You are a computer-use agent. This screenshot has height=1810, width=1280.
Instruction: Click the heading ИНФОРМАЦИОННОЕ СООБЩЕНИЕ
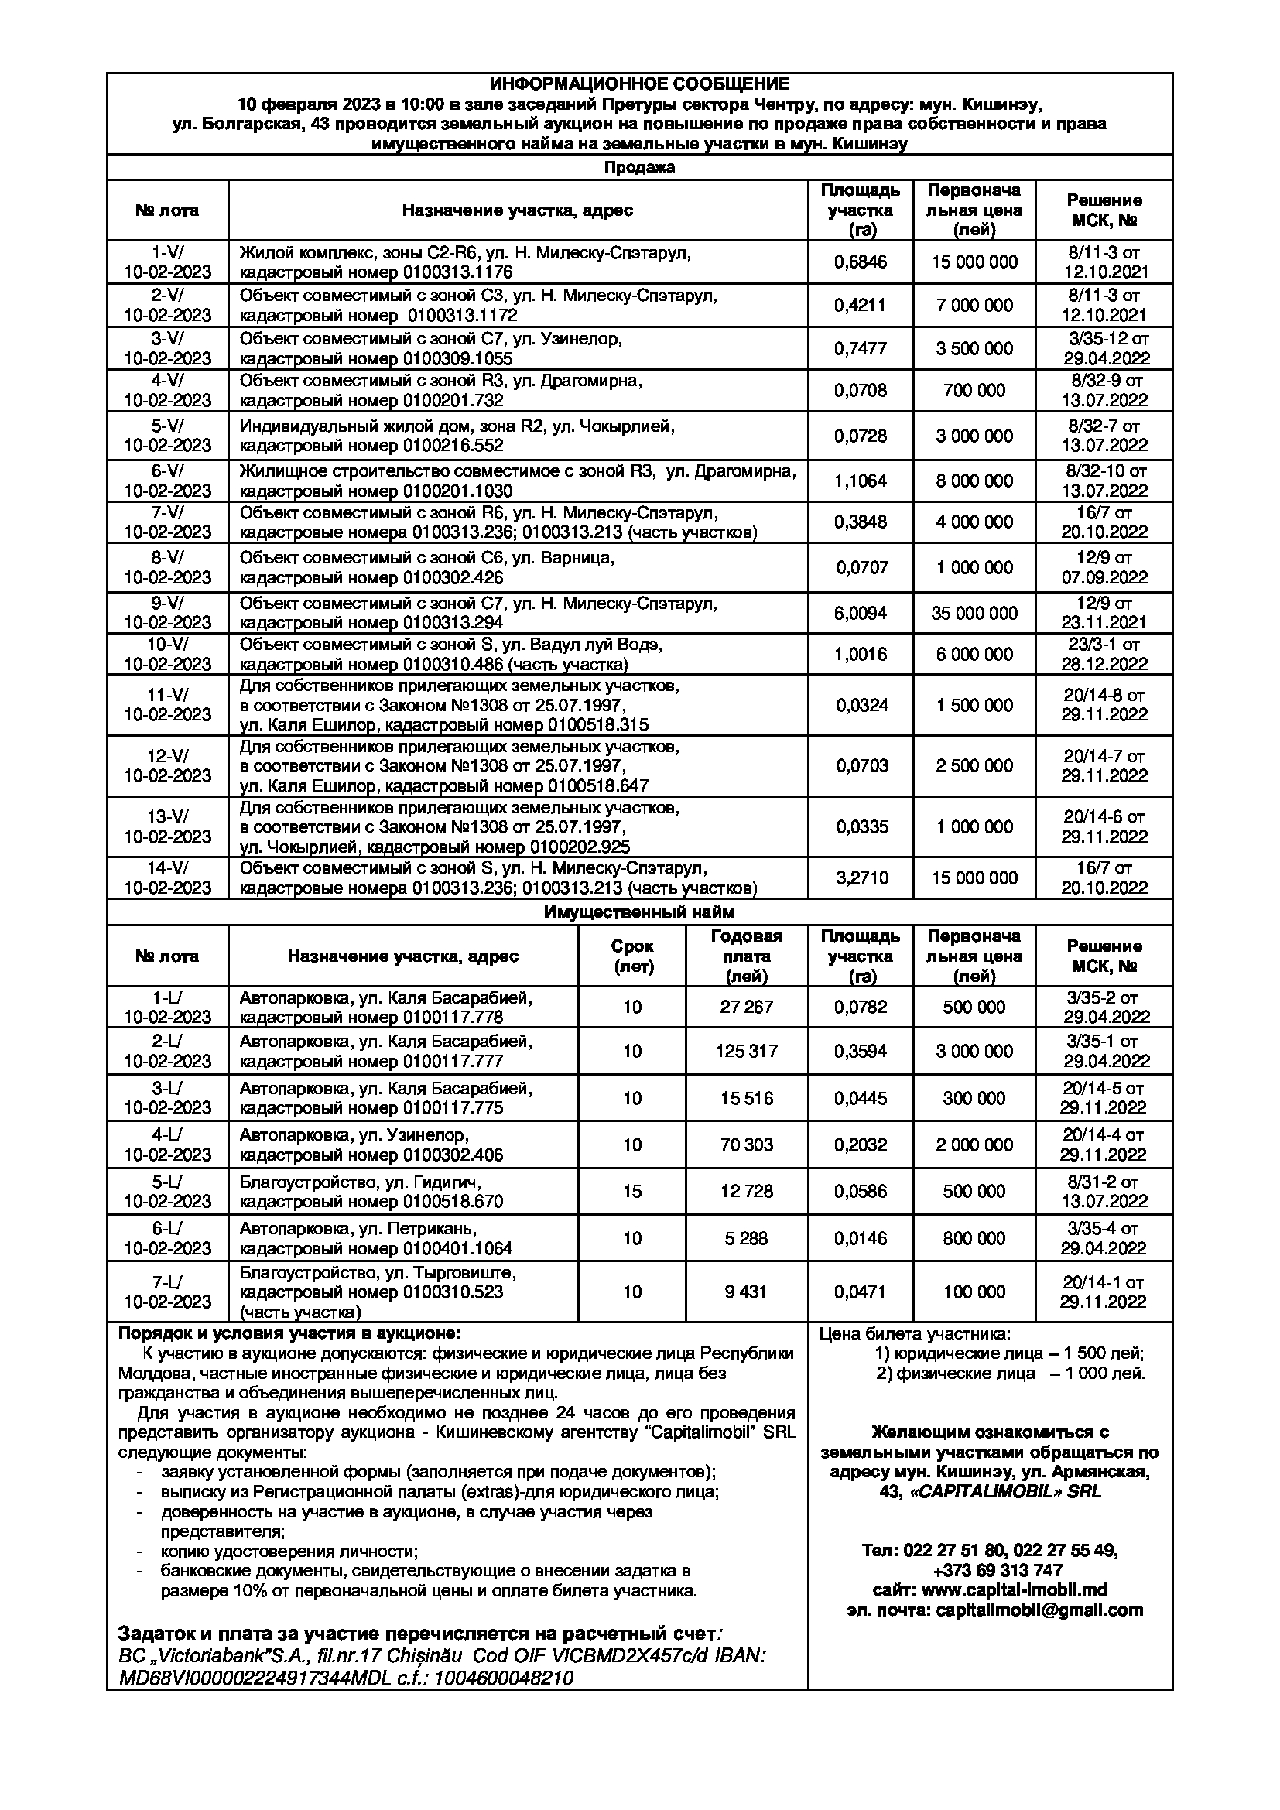pyautogui.click(x=639, y=84)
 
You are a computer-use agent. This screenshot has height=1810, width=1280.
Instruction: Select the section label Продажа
pyautogui.click(x=639, y=168)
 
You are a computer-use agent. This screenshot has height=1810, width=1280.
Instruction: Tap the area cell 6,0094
pyautogui.click(x=860, y=614)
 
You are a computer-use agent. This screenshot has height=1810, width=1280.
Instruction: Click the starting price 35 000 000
pyautogui.click(x=974, y=614)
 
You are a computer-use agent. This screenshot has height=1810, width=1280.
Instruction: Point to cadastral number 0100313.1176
pyautogui.click(x=457, y=272)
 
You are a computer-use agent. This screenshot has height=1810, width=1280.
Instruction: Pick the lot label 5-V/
pyautogui.click(x=168, y=426)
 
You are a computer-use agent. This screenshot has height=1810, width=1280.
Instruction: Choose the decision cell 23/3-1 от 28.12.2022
pyautogui.click(x=1104, y=655)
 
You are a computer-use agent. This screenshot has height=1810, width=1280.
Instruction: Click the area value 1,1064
pyautogui.click(x=860, y=481)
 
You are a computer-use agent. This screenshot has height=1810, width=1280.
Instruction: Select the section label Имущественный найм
pyautogui.click(x=639, y=912)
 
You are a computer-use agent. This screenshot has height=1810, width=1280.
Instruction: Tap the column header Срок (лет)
pyautogui.click(x=632, y=956)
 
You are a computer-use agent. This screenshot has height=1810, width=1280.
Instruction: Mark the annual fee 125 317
pyautogui.click(x=746, y=1051)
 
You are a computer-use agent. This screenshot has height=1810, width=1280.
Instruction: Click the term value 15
pyautogui.click(x=632, y=1191)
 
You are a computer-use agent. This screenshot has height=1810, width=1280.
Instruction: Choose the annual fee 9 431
pyautogui.click(x=746, y=1292)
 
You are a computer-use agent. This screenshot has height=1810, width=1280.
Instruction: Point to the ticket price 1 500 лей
pyautogui.click(x=1103, y=1353)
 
